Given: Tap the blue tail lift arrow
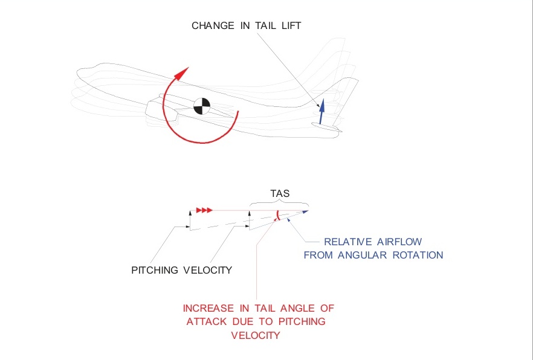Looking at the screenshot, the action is click(x=321, y=109).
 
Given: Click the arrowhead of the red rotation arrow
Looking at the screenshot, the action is click(x=179, y=74).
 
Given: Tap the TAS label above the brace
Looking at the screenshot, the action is click(x=280, y=194).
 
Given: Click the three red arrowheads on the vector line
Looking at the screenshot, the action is click(x=204, y=210).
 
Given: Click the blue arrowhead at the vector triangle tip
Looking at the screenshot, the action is click(x=305, y=211).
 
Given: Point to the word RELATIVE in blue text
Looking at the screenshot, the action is click(x=348, y=242).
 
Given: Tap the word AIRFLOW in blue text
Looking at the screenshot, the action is click(x=404, y=242).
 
